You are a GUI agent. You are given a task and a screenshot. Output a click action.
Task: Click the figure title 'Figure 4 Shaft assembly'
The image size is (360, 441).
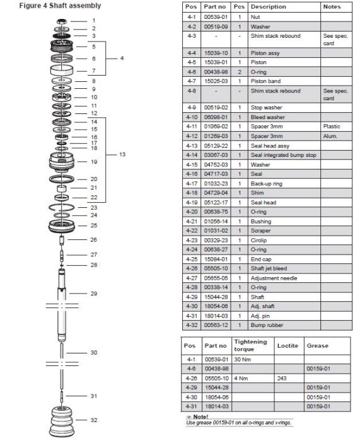point(60,6)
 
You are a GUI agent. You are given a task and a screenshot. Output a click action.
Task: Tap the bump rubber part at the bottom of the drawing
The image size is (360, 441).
point(62,421)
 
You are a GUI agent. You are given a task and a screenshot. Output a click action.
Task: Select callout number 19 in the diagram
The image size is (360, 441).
point(94,162)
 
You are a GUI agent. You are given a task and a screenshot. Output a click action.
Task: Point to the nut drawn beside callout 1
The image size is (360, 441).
point(62,21)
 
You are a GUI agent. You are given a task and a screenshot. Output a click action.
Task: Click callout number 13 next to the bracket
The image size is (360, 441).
point(122,154)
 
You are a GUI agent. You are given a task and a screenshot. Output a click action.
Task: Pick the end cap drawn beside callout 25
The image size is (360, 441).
point(62,226)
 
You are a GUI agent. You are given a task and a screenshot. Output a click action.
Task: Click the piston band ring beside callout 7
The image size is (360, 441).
point(62,70)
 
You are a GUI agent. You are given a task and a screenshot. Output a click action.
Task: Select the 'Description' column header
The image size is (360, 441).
point(268,7)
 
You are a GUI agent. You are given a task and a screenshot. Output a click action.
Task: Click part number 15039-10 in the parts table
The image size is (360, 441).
point(216,53)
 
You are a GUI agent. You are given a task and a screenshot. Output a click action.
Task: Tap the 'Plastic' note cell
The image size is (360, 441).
point(331,127)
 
